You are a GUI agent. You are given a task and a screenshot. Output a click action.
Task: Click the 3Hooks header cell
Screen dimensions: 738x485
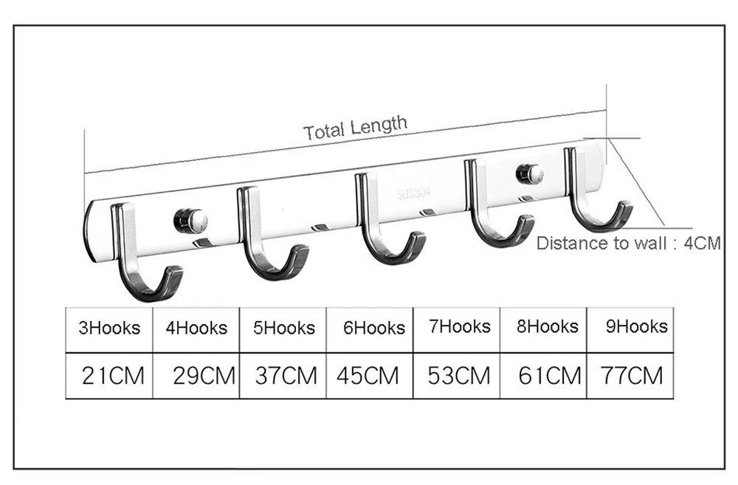click(x=109, y=328)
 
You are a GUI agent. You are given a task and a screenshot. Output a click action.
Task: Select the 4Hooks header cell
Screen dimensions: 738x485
click(x=196, y=328)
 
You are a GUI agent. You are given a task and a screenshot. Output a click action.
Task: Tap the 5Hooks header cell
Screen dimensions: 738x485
click(x=283, y=328)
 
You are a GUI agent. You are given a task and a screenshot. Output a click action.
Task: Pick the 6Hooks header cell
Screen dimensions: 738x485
click(x=373, y=328)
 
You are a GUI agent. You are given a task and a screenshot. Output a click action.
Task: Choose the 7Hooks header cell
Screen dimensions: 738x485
click(x=460, y=326)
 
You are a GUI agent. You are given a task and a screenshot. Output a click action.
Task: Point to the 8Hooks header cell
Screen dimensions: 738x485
click(x=547, y=326)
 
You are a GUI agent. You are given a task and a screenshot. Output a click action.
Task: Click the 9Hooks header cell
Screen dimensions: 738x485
click(x=636, y=326)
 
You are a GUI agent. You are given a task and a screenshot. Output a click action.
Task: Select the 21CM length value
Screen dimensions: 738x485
click(x=113, y=376)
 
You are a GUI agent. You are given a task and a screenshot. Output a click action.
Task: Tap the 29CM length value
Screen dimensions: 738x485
click(x=203, y=376)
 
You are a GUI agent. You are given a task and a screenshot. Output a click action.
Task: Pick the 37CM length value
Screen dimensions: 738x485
click(x=286, y=376)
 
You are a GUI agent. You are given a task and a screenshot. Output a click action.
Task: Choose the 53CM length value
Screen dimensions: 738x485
click(x=458, y=376)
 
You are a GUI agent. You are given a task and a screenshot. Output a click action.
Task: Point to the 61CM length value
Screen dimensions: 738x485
click(x=549, y=376)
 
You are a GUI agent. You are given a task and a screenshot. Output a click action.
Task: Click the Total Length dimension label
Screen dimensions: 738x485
click(x=355, y=128)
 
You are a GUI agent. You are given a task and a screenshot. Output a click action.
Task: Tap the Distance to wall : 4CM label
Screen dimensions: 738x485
click(x=628, y=244)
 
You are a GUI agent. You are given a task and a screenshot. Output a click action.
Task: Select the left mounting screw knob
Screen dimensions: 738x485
click(x=191, y=219)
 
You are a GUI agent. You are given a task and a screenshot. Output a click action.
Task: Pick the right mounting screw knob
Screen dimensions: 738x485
click(x=530, y=174)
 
